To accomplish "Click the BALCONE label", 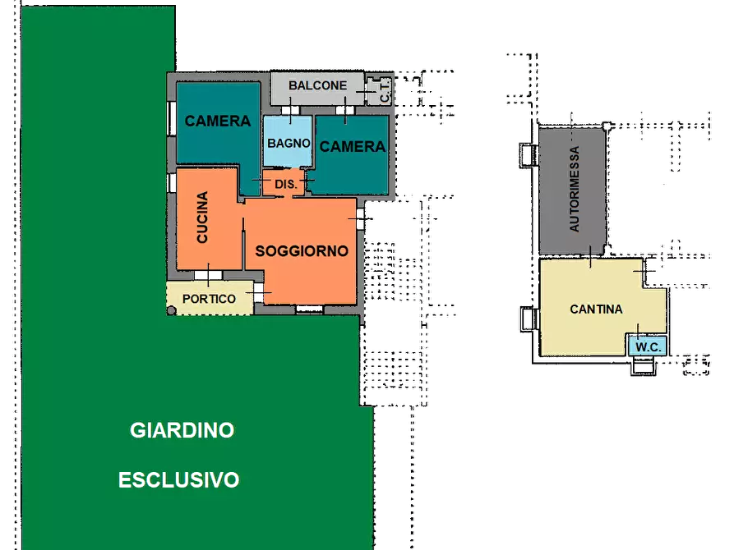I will click(x=316, y=85).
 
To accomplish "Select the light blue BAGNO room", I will click(x=289, y=141).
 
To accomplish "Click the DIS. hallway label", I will click(x=284, y=183).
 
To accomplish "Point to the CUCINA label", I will click(x=202, y=218).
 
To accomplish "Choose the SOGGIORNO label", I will click(x=302, y=250).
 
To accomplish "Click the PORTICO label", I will click(x=209, y=299).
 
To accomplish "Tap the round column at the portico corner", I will click(x=171, y=310).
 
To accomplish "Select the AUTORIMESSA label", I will click(x=575, y=190).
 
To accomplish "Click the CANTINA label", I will click(x=596, y=309).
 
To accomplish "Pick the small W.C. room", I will click(x=648, y=346).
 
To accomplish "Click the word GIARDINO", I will click(x=182, y=429).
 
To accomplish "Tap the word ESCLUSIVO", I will click(x=178, y=479).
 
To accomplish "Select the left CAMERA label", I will click(x=217, y=121).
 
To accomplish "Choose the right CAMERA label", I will click(x=352, y=147).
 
